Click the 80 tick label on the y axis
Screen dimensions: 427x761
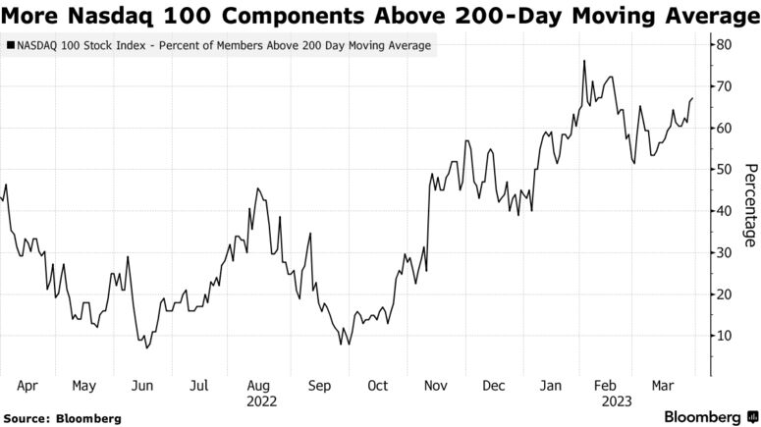click(723, 45)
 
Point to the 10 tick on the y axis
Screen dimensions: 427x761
click(723, 336)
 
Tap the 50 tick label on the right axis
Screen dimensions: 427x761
click(723, 170)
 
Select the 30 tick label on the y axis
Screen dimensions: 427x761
click(723, 252)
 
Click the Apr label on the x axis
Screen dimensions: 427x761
click(28, 386)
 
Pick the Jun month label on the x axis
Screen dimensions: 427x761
click(143, 386)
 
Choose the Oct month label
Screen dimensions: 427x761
click(377, 386)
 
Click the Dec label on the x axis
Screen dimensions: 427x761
click(493, 386)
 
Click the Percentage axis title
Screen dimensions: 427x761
click(749, 205)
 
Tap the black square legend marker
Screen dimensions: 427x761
click(10, 46)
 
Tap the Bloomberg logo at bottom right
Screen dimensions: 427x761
click(704, 416)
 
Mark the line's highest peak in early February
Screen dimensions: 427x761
click(584, 61)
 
